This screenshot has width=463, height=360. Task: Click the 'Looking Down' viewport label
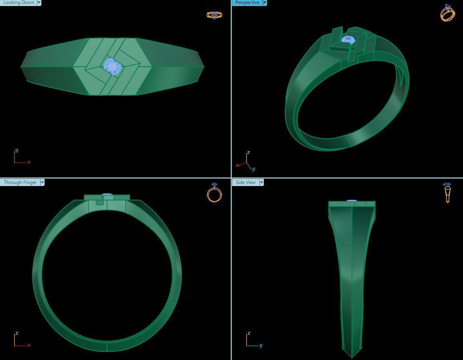tap(18, 2)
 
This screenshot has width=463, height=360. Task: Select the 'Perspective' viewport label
tap(247, 2)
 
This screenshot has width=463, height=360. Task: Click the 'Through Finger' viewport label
tap(20, 182)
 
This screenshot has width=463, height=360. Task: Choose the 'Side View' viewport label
tap(245, 182)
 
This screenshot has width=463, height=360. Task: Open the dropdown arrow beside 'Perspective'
tap(265, 2)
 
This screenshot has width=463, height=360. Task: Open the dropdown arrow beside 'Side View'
tap(261, 182)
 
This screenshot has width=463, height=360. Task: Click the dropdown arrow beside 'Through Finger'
tap(42, 182)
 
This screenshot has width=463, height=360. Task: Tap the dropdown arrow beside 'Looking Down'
tap(39, 2)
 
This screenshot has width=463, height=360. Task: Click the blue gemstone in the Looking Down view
tap(112, 66)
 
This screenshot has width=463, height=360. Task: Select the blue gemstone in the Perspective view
tap(348, 40)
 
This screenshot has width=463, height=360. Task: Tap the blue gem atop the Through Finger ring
tap(107, 195)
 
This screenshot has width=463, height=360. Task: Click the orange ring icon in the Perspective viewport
tap(447, 13)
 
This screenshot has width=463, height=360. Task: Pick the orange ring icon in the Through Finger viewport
tap(214, 193)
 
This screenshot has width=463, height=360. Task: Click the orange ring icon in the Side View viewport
tap(447, 193)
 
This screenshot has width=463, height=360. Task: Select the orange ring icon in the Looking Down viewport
tap(214, 15)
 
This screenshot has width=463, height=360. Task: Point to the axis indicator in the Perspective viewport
tap(246, 162)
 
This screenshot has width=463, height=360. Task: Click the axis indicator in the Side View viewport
tap(252, 341)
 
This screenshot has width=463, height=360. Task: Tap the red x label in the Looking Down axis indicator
tap(29, 162)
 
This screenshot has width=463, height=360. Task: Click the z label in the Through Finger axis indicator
tap(17, 333)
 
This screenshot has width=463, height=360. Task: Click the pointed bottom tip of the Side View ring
tap(352, 356)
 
